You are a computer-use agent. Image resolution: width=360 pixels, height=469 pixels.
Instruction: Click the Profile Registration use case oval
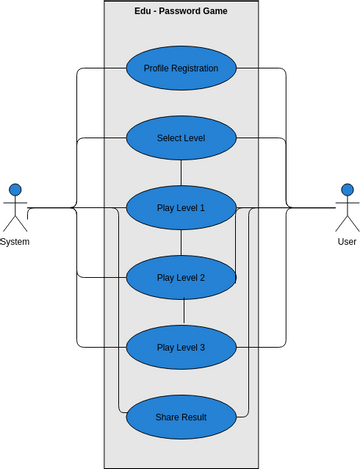(x=181, y=69)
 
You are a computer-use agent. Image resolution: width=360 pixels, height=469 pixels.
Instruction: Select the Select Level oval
(x=181, y=138)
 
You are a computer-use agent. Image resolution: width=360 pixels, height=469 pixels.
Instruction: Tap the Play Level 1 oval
(x=181, y=208)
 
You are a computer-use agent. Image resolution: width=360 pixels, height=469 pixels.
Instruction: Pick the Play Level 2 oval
(x=181, y=277)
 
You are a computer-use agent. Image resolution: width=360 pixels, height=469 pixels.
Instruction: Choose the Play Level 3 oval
(x=181, y=347)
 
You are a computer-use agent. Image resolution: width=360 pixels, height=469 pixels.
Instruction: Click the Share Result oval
(x=181, y=416)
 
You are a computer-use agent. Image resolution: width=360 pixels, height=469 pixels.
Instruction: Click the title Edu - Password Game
(x=181, y=11)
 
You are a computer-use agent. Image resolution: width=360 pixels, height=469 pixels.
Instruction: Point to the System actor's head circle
(x=15, y=189)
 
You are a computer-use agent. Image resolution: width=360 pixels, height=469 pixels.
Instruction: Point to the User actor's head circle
(x=346, y=189)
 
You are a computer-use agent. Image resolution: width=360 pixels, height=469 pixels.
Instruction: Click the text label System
(x=15, y=242)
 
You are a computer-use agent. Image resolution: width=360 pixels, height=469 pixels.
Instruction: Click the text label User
(x=346, y=242)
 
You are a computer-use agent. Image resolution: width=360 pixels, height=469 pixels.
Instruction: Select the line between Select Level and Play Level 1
(x=181, y=173)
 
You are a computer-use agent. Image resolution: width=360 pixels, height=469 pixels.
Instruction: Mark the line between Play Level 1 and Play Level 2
(x=181, y=242)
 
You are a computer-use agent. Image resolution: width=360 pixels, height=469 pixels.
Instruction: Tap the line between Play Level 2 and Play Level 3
(x=183, y=312)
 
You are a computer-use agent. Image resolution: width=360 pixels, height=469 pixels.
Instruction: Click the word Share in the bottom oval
(x=167, y=416)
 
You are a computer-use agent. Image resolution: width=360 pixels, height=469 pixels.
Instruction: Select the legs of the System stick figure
(x=15, y=225)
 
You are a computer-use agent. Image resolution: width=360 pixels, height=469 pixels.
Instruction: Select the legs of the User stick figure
(x=346, y=225)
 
